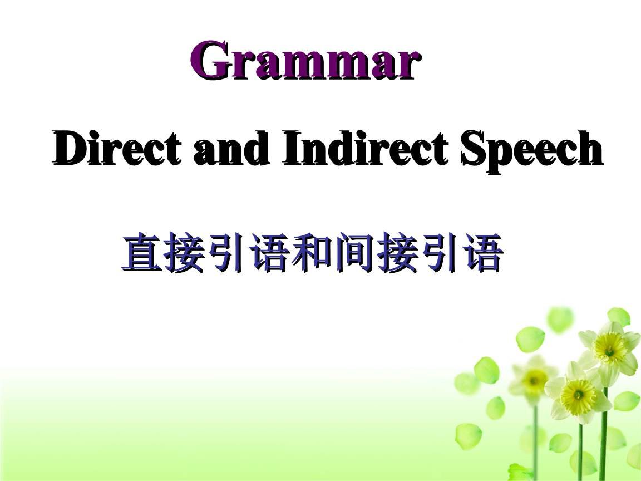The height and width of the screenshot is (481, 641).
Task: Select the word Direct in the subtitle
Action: tap(116, 149)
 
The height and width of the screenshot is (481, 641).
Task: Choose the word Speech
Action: tap(532, 149)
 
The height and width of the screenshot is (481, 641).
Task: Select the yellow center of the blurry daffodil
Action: tap(535, 379)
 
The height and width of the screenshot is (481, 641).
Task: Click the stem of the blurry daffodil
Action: tap(536, 440)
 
